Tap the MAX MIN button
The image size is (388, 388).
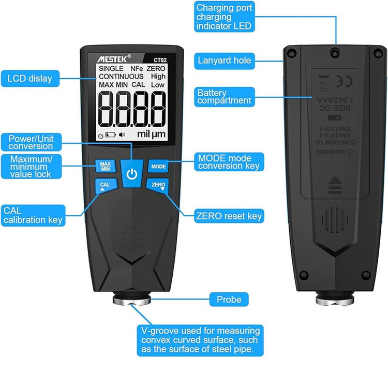[x=105, y=166]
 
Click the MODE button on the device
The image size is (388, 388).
[x=158, y=166]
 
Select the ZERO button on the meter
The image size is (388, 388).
[x=158, y=186]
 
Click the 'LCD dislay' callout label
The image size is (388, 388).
[x=30, y=79]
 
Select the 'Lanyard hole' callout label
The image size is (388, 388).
[x=225, y=61]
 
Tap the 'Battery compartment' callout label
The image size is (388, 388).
[x=224, y=97]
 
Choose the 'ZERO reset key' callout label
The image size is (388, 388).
[x=229, y=216]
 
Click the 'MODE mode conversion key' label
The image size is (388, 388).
[x=229, y=162]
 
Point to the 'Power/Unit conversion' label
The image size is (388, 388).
[x=31, y=142]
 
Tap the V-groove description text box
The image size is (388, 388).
[x=201, y=340]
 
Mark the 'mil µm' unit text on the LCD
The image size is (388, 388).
[x=151, y=134]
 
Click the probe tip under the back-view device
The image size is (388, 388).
[x=335, y=300]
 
